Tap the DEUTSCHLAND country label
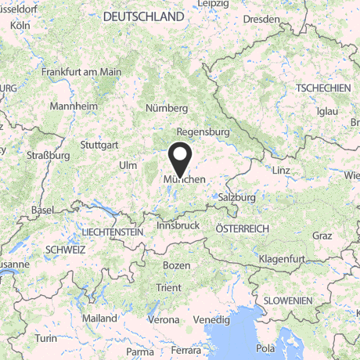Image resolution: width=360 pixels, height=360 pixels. tap(144, 16)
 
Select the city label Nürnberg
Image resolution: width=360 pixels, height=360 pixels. tap(167, 108)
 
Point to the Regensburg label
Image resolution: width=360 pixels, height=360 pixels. tap(203, 132)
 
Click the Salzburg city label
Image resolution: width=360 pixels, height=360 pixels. tap(237, 198)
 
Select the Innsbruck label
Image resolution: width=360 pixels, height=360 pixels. tap(178, 225)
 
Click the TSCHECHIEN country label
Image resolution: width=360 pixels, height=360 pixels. tap(323, 88)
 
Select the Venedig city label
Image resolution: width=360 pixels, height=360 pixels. tap(212, 320)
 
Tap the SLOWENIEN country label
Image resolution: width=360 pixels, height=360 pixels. tap(287, 301)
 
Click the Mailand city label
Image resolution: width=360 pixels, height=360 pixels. tap(99, 319)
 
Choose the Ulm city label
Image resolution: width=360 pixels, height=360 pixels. tap(127, 165)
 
